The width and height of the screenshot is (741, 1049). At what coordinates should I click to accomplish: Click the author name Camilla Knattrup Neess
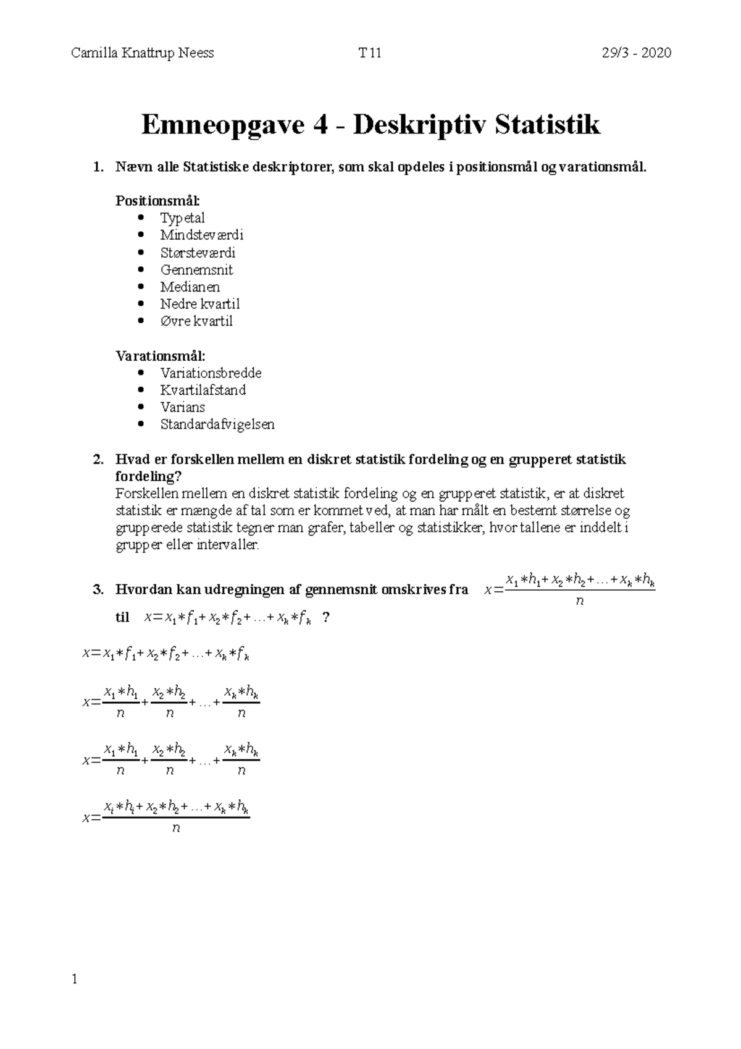(143, 53)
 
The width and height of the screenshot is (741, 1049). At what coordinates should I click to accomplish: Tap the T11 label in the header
(370, 53)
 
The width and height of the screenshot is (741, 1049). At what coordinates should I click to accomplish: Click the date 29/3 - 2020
(637, 53)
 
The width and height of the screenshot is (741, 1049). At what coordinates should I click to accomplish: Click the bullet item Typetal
(182, 218)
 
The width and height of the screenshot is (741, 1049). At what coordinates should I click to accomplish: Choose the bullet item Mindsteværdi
(202, 235)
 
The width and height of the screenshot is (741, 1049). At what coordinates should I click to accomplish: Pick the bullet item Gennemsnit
(196, 270)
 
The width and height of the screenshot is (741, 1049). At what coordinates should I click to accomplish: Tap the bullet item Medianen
(190, 287)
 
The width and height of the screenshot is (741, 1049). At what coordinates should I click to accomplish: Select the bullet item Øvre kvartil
(196, 321)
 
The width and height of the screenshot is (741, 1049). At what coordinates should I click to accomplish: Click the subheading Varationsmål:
(161, 356)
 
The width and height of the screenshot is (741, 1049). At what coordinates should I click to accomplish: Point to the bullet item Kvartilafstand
(203, 390)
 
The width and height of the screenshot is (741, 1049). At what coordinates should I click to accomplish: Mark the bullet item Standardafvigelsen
(217, 424)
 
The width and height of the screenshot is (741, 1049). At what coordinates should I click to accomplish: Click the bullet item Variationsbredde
(211, 373)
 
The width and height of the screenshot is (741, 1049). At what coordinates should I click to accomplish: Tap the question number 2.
(97, 460)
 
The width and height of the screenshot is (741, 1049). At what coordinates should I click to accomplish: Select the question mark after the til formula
(326, 617)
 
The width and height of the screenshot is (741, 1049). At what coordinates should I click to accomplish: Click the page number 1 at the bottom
(75, 980)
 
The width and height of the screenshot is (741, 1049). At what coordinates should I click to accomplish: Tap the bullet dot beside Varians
(143, 407)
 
